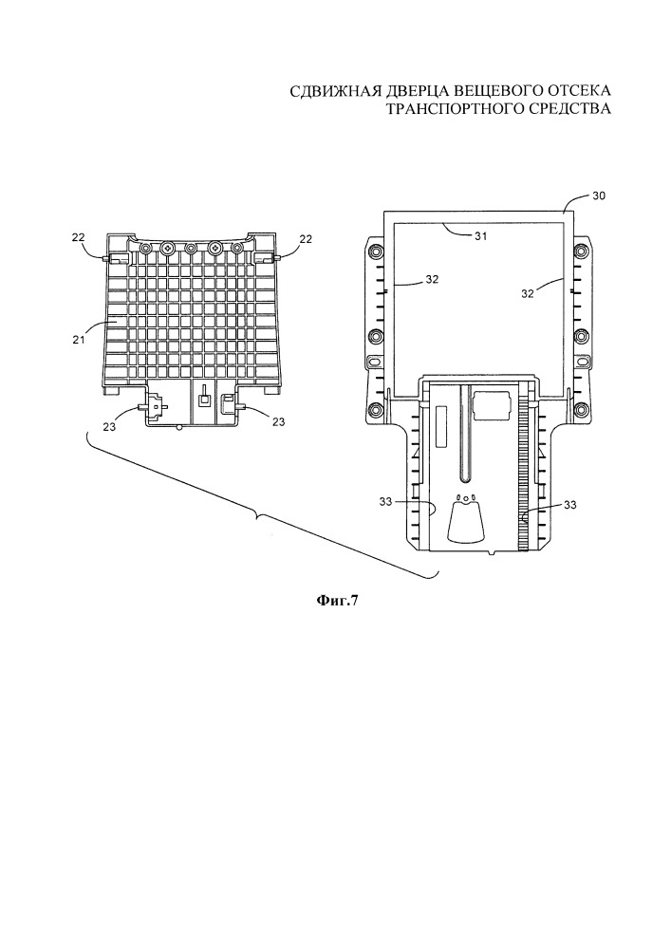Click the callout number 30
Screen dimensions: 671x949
(598, 196)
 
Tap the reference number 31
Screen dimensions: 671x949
(480, 236)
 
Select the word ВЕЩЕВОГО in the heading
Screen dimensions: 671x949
(488, 91)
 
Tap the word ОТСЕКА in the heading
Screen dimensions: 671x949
(575, 91)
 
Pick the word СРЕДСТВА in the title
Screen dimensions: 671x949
(568, 109)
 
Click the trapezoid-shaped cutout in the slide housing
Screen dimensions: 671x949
(465, 520)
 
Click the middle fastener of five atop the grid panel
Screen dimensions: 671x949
(191, 248)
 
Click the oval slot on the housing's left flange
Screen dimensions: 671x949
(375, 362)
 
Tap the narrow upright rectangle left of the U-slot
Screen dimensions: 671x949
(438, 419)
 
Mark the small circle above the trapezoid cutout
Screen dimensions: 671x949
(466, 497)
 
